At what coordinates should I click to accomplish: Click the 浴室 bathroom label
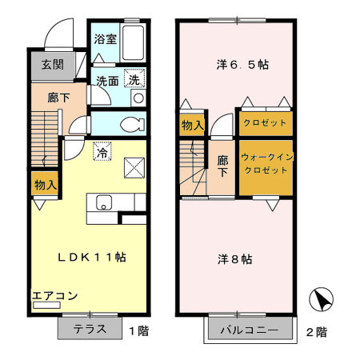104,38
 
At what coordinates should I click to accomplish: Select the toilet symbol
131,124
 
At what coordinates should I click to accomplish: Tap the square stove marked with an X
134,167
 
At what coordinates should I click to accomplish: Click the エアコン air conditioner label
55,296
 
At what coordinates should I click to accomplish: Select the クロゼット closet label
265,123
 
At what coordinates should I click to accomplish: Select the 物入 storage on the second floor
193,125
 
